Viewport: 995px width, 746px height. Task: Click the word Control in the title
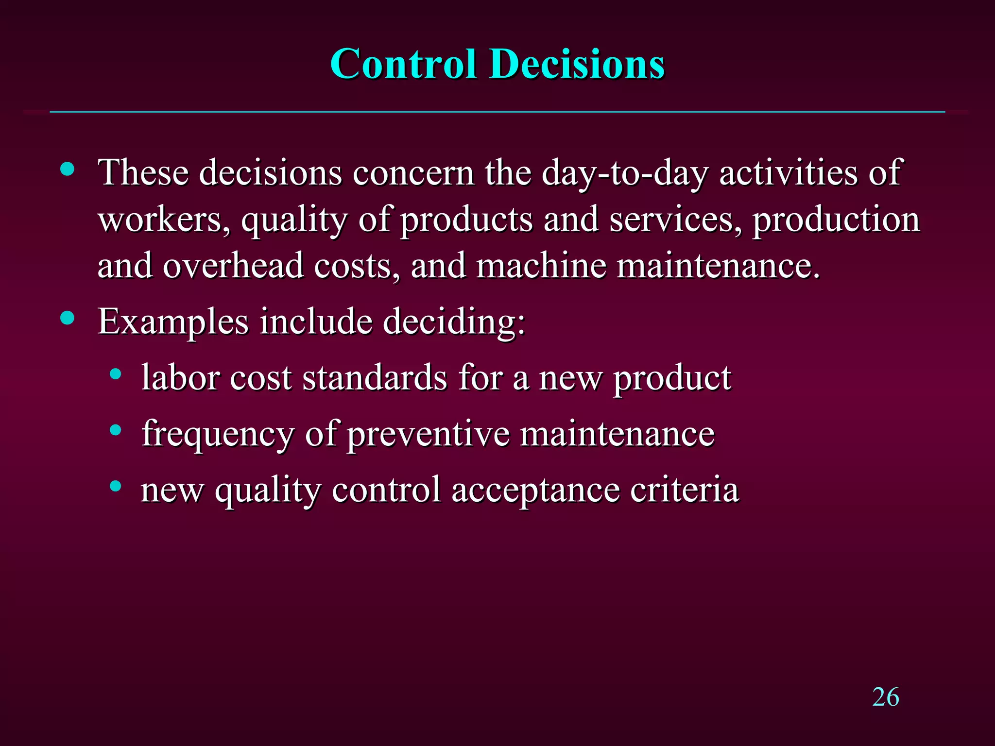pyautogui.click(x=403, y=64)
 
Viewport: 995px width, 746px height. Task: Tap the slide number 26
pyautogui.click(x=885, y=697)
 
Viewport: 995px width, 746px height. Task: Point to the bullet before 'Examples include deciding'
pyautogui.click(x=68, y=318)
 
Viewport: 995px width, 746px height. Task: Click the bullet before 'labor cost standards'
pyautogui.click(x=115, y=374)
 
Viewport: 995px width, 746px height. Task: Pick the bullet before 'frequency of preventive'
pyautogui.click(x=115, y=430)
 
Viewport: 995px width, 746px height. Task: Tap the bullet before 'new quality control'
pyautogui.click(x=115, y=486)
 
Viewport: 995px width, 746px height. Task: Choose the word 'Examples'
pyautogui.click(x=173, y=322)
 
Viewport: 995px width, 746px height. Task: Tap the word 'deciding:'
pyautogui.click(x=454, y=322)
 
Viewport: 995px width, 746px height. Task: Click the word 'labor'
pyautogui.click(x=180, y=377)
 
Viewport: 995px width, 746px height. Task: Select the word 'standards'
pyautogui.click(x=375, y=377)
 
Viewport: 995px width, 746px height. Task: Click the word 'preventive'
pyautogui.click(x=428, y=434)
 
